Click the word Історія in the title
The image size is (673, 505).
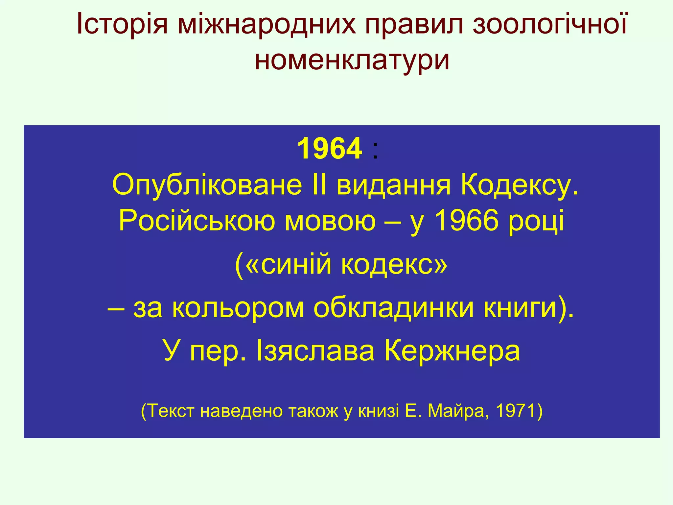pos(122,24)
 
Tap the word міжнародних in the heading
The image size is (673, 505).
pos(267,24)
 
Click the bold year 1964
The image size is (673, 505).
pos(330,149)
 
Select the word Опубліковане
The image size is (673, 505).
pos(207,185)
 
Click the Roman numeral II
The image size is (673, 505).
pos(318,185)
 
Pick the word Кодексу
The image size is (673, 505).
pos(519,185)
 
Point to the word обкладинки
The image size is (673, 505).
pos(394,309)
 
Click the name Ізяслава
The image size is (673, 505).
pos(315,351)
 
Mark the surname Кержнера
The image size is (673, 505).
pos(452,351)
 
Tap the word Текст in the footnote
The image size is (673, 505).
pos(171,411)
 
